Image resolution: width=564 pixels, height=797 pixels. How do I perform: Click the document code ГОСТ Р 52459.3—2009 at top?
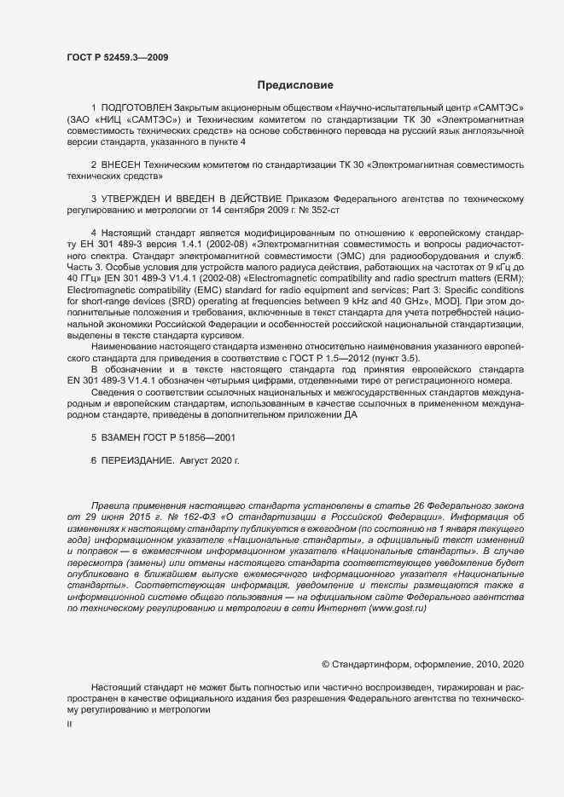[x=117, y=57]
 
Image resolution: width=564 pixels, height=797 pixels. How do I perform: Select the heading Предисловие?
[x=296, y=85]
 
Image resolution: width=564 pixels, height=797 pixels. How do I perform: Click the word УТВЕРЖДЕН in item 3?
[x=138, y=197]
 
